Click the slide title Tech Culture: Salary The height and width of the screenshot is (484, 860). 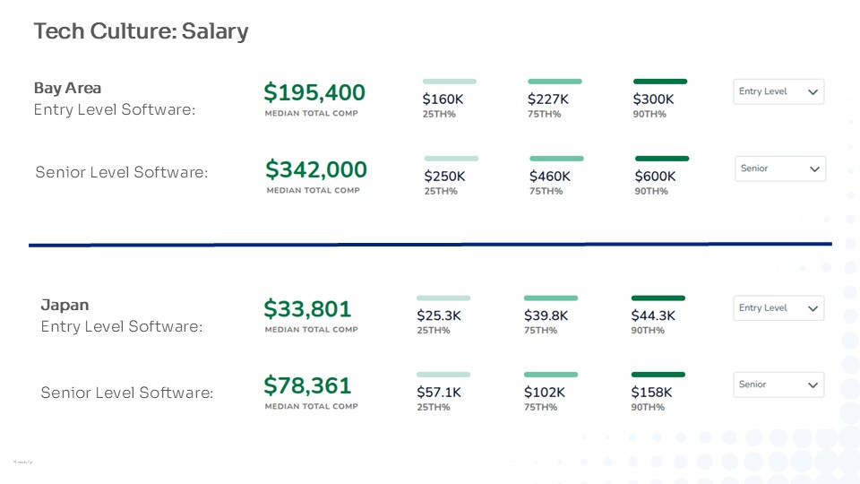(141, 31)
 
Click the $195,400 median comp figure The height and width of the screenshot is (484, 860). (314, 92)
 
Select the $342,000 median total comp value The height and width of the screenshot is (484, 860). (316, 169)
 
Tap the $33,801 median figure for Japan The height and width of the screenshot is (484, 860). (307, 309)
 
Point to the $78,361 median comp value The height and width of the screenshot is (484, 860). (307, 385)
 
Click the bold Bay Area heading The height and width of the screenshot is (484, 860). (67, 88)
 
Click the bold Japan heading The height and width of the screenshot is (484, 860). (64, 305)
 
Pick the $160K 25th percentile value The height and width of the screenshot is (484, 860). (443, 99)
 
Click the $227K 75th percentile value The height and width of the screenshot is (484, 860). (548, 99)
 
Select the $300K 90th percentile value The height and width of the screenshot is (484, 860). (653, 99)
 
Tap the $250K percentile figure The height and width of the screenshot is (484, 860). (444, 177)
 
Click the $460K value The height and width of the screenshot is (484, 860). (550, 177)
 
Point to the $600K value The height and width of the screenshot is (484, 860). (655, 177)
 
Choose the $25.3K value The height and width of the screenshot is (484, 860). (439, 315)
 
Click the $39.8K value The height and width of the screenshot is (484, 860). (546, 315)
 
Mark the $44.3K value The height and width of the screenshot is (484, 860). (653, 315)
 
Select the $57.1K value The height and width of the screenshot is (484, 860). (439, 393)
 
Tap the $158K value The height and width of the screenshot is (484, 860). (651, 393)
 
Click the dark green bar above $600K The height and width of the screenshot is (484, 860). (662, 159)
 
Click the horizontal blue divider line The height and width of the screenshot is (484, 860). (430, 244)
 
